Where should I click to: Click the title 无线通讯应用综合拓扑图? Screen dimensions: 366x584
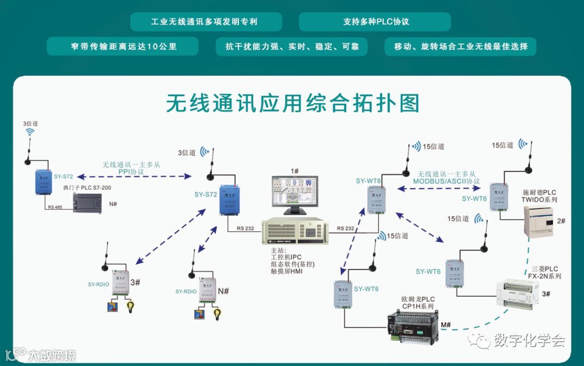pos(292,103)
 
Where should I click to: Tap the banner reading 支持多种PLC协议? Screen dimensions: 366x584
pos(375,22)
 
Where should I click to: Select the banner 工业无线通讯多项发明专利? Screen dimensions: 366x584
pos(206,22)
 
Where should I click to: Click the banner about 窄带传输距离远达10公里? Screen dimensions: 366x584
pos(123,46)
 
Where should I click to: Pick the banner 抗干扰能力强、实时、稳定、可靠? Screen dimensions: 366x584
pos(291,46)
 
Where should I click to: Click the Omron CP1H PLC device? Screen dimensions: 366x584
pos(413,327)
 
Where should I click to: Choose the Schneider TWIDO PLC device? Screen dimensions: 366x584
pos(539,221)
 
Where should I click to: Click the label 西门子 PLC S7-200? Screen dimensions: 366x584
pos(87,188)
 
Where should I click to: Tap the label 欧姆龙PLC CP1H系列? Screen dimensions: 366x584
pos(417,303)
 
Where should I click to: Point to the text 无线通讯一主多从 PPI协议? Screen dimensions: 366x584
pos(131,168)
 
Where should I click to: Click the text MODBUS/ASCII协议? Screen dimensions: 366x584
pos(446,181)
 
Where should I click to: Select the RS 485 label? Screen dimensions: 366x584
pos(55,207)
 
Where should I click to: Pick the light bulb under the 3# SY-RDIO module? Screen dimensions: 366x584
pos(130,308)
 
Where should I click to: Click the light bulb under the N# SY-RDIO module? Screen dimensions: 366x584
pos(217,313)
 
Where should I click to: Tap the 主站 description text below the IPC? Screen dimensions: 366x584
pos(293,261)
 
